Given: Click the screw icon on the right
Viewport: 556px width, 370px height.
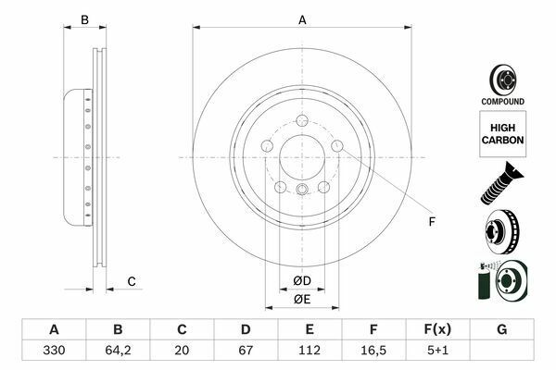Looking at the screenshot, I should coord(501,182).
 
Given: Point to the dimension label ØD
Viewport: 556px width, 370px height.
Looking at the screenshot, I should coord(302,280).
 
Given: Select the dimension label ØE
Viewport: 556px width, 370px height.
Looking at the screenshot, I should coord(302,300).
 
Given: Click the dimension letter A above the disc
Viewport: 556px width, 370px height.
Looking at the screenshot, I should coord(302,19).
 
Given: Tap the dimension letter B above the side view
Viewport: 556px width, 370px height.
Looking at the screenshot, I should coord(83,19).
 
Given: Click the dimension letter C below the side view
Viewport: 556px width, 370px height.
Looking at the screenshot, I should coord(132,281).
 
